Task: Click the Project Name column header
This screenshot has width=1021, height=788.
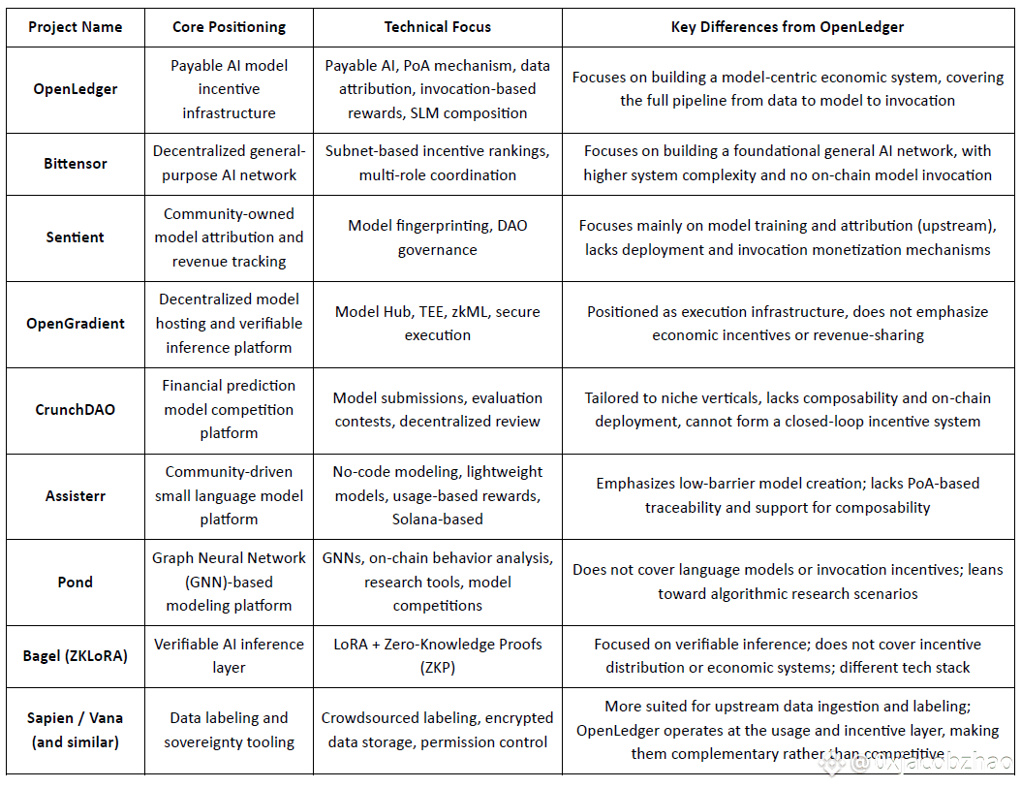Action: (76, 27)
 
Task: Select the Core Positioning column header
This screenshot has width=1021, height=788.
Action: (229, 27)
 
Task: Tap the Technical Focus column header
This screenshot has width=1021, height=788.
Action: (438, 27)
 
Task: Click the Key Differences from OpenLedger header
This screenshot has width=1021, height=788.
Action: (788, 27)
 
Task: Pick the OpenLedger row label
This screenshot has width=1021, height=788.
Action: (76, 89)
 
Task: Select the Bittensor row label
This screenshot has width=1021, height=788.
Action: (76, 164)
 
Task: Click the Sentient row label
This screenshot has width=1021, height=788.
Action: (76, 237)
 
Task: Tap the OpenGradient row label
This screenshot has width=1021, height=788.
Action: (76, 324)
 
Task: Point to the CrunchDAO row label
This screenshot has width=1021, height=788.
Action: (76, 409)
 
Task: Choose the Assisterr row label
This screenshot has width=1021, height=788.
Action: (76, 495)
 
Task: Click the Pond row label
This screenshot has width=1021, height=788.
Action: (76, 582)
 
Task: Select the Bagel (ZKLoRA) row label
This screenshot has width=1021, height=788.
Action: (76, 655)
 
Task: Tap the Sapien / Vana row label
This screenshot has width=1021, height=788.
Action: (76, 730)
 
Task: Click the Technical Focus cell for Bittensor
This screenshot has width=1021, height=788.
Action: (438, 164)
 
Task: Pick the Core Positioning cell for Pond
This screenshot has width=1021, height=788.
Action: (229, 582)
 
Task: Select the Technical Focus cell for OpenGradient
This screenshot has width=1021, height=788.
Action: (438, 324)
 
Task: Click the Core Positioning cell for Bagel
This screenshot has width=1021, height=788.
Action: (229, 655)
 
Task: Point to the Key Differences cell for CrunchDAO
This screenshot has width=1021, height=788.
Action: (788, 409)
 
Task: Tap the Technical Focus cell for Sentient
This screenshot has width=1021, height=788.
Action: (438, 237)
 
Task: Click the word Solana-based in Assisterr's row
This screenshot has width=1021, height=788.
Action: (438, 519)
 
